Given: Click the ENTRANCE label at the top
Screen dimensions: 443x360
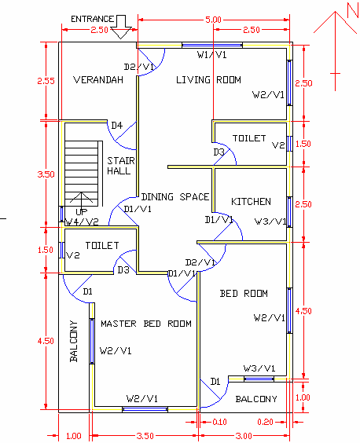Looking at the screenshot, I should [94, 18].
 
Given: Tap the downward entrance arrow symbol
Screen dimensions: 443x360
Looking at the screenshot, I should [121, 27].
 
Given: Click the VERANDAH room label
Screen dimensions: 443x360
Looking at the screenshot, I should [99, 79].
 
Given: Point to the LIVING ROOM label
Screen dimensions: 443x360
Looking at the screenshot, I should [208, 79].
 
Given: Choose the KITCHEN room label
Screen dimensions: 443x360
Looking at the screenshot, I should [251, 202].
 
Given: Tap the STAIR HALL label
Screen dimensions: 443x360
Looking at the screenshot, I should [120, 165].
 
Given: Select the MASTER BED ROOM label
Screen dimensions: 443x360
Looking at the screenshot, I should [145, 323].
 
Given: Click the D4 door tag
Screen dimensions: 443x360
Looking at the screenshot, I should [116, 125].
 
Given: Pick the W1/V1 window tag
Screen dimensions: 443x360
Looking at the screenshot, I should [212, 55].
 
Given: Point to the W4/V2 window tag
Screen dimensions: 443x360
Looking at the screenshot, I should [82, 222].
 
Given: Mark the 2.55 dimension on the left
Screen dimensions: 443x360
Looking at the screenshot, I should [46, 80].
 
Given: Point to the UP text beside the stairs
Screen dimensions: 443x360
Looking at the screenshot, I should [81, 212].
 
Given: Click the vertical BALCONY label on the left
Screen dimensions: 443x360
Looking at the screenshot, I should [74, 340].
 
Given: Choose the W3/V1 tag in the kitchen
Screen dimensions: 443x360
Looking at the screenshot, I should [270, 222].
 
